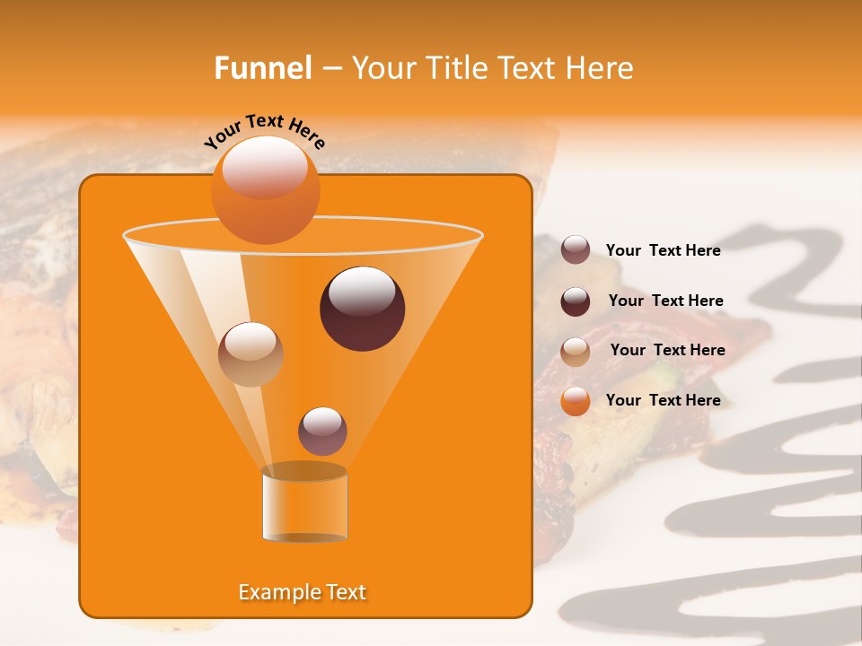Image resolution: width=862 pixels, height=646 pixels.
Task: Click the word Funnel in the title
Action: coord(263,68)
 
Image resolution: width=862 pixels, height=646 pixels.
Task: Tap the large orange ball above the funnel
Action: coord(265,189)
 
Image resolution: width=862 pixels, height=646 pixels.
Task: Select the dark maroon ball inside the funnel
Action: coord(362,309)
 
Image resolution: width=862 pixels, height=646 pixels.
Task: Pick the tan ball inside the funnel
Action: coord(251,354)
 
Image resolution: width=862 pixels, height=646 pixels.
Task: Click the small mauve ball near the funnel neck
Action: coord(322,432)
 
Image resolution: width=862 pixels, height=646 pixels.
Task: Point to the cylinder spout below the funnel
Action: coord(304,503)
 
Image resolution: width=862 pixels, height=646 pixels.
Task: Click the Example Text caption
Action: coord(302,592)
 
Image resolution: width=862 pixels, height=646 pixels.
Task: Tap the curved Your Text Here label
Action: coord(265,131)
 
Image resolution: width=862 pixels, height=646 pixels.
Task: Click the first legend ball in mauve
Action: coord(576,250)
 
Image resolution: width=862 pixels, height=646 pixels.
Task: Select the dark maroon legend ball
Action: coord(576,301)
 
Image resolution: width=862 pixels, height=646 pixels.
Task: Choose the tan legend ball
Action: coord(576,352)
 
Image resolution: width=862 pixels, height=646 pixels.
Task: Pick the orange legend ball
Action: coord(576,401)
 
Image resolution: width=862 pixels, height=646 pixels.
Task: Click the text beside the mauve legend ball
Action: coord(663,251)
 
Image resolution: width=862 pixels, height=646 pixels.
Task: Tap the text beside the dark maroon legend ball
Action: coord(665,301)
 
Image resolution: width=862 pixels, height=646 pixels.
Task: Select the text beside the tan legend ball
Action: coord(667,351)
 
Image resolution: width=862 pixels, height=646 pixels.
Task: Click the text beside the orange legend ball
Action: coord(663,400)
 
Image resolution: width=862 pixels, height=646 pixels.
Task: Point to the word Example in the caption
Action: coord(274,592)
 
